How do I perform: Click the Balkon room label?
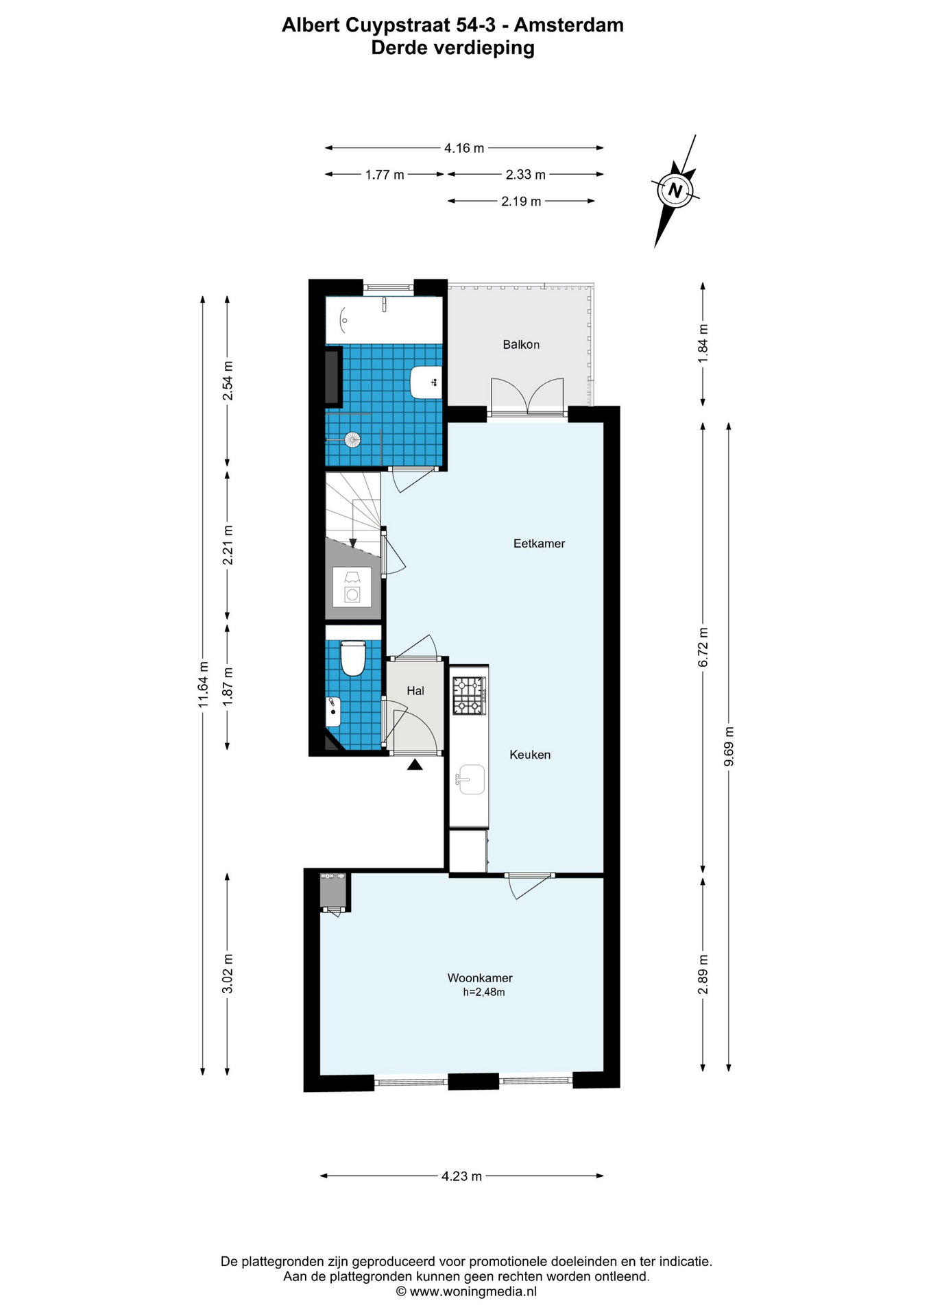521,345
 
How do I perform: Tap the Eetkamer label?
539,544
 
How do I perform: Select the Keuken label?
530,755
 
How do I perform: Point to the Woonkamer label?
480,978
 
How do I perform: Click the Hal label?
415,691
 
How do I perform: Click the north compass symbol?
676,191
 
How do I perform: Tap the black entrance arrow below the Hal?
415,764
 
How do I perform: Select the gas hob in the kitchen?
469,696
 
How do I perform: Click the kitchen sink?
470,779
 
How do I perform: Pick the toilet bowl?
352,658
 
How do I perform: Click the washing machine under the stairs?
352,587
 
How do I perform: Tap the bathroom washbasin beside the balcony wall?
426,382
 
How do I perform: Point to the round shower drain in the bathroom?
352,439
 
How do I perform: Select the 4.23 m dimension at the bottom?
461,1176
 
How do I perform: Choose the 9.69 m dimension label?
729,746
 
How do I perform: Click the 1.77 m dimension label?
385,175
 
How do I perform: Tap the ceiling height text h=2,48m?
484,992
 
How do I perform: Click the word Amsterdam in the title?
569,25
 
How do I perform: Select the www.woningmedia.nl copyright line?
466,1291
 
